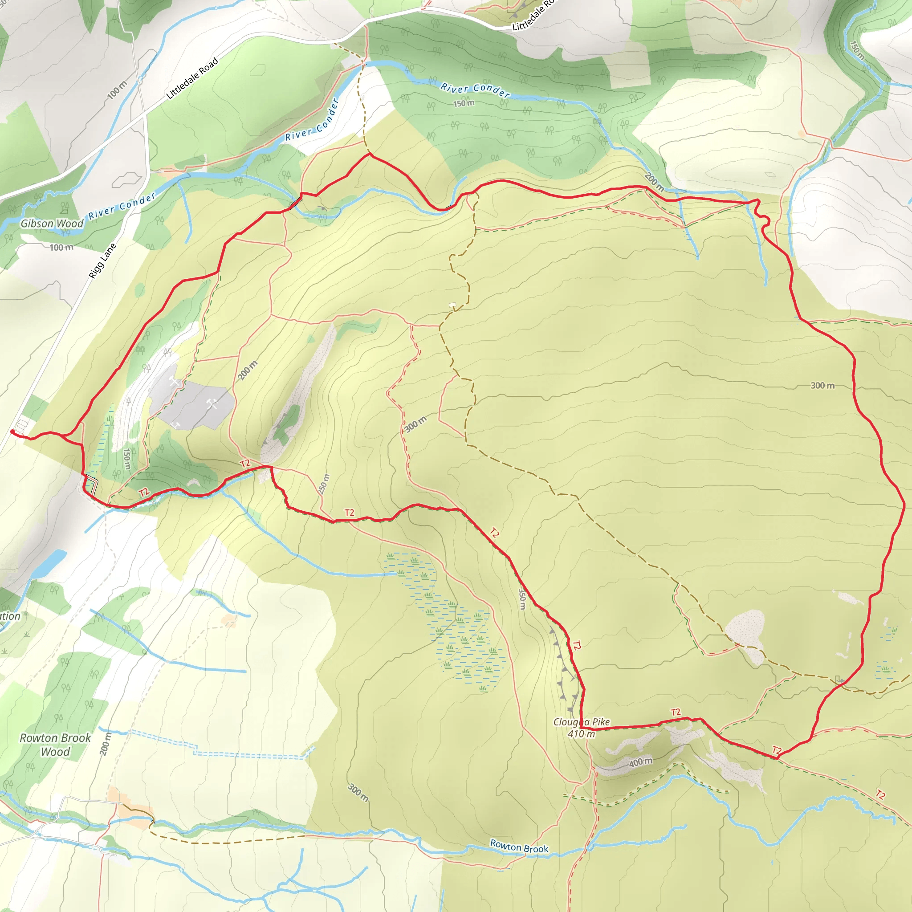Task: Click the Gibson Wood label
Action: [52, 223]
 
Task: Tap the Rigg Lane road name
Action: [102, 261]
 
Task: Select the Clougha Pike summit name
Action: [581, 722]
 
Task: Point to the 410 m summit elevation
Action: [581, 733]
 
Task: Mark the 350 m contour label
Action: [521, 598]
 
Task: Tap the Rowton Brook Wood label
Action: [55, 745]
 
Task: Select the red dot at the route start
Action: [12, 431]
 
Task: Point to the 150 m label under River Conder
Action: [464, 103]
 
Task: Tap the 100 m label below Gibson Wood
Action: [61, 247]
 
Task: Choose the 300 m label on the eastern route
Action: [822, 386]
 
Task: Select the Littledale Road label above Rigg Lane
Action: [192, 78]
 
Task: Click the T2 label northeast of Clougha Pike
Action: [676, 712]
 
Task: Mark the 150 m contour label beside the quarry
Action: [127, 459]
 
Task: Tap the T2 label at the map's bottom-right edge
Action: [880, 795]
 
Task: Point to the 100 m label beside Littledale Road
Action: [117, 90]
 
